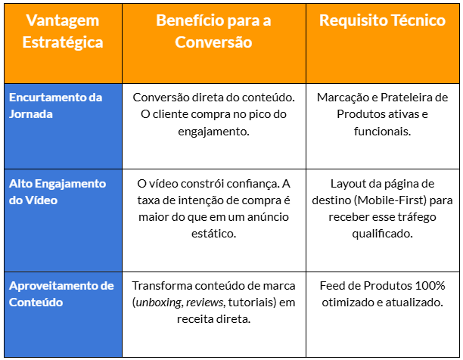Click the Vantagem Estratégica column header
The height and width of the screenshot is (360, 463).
point(63,32)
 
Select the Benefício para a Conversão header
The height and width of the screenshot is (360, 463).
point(213,32)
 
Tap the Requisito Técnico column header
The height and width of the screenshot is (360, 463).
point(382,21)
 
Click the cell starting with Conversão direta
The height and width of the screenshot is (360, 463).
point(213,114)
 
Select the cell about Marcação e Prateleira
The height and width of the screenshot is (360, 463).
point(382,114)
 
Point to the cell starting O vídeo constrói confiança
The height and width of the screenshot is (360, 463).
point(213,209)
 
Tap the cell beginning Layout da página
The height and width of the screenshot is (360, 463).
point(382,209)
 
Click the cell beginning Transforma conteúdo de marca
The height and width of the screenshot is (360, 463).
point(213,303)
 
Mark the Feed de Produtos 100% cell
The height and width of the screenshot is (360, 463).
point(382,294)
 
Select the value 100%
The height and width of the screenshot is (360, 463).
point(429,286)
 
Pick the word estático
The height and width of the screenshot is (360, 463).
point(213,234)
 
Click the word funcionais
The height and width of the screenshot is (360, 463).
point(382,132)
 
